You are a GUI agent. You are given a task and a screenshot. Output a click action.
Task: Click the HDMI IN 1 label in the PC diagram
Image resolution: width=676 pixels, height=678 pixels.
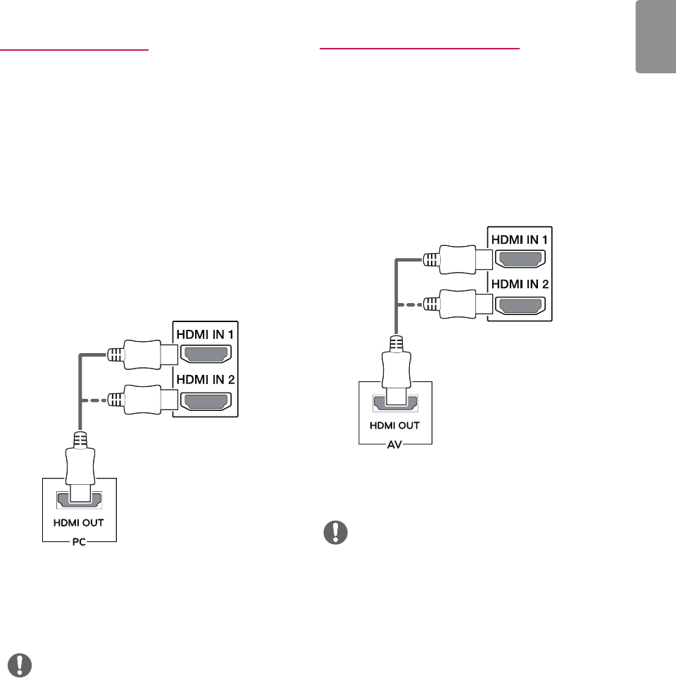[209, 333]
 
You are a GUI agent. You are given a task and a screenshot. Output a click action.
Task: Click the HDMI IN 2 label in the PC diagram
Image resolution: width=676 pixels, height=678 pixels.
[209, 379]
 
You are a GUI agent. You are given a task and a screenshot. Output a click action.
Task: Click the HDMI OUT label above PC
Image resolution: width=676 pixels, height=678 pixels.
[80, 524]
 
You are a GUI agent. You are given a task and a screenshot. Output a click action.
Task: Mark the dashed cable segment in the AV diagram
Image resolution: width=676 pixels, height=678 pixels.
[409, 304]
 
